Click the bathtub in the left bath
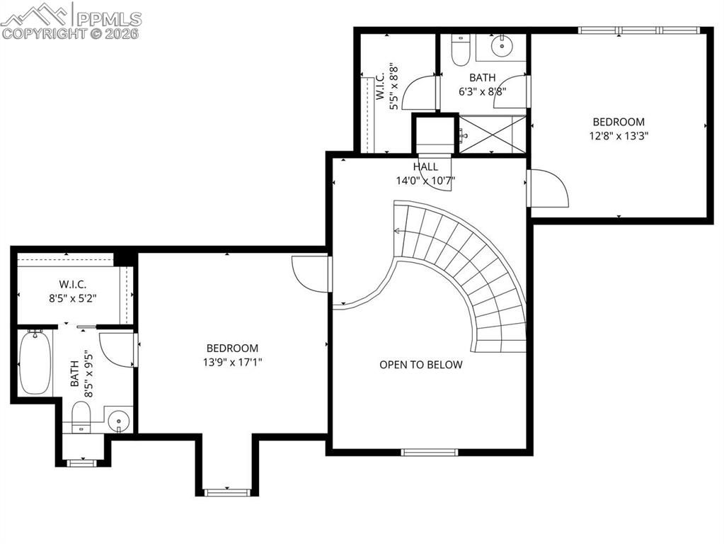pos(35,362)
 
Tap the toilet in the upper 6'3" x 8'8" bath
pos(461,48)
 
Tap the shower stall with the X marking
pos(493,133)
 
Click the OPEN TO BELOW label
pos(420,365)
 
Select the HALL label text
pos(425,166)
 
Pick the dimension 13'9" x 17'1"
pos(232,362)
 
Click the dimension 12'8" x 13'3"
pos(619,135)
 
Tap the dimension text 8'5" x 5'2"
pos(73,298)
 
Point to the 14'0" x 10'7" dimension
pos(425,180)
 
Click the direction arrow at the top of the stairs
pos(398,231)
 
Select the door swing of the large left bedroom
pos(310,273)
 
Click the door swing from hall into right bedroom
pos(548,188)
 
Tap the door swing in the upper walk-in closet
pos(419,92)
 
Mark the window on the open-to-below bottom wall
pos(430,452)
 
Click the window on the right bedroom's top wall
pos(638,30)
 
